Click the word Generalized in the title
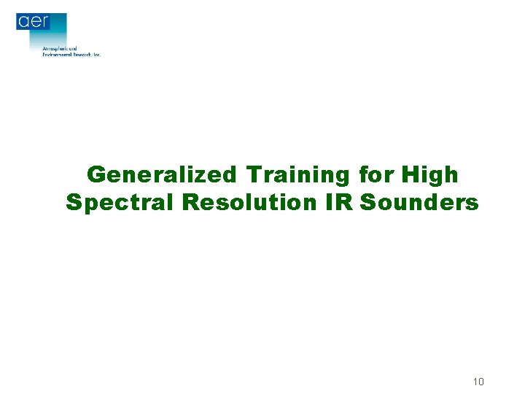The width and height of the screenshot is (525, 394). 161,175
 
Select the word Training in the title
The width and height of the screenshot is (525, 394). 298,175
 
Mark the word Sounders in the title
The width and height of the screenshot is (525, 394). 420,202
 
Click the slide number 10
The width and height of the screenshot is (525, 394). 478,382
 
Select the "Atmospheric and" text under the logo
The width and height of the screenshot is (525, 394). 60,48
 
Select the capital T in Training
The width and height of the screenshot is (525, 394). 254,175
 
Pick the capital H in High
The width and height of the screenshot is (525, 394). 409,175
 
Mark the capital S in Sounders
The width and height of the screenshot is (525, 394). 368,202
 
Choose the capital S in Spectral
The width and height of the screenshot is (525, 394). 73,202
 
